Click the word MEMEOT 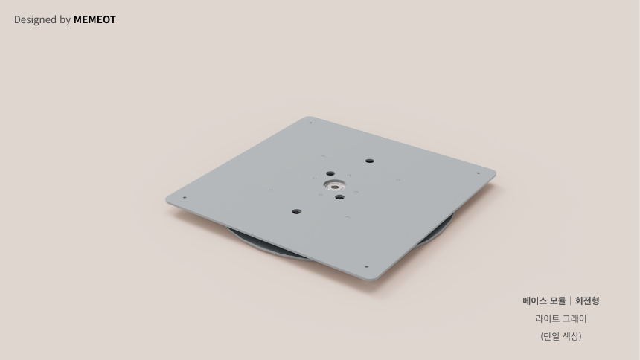(95, 19)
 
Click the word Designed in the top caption (35, 20)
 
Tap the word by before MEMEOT (65, 20)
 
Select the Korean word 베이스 (534, 300)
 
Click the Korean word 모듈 (557, 300)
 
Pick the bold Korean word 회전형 (587, 300)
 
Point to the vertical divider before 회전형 (570, 300)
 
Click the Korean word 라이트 (546, 318)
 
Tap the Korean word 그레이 (575, 318)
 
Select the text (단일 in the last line (550, 336)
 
